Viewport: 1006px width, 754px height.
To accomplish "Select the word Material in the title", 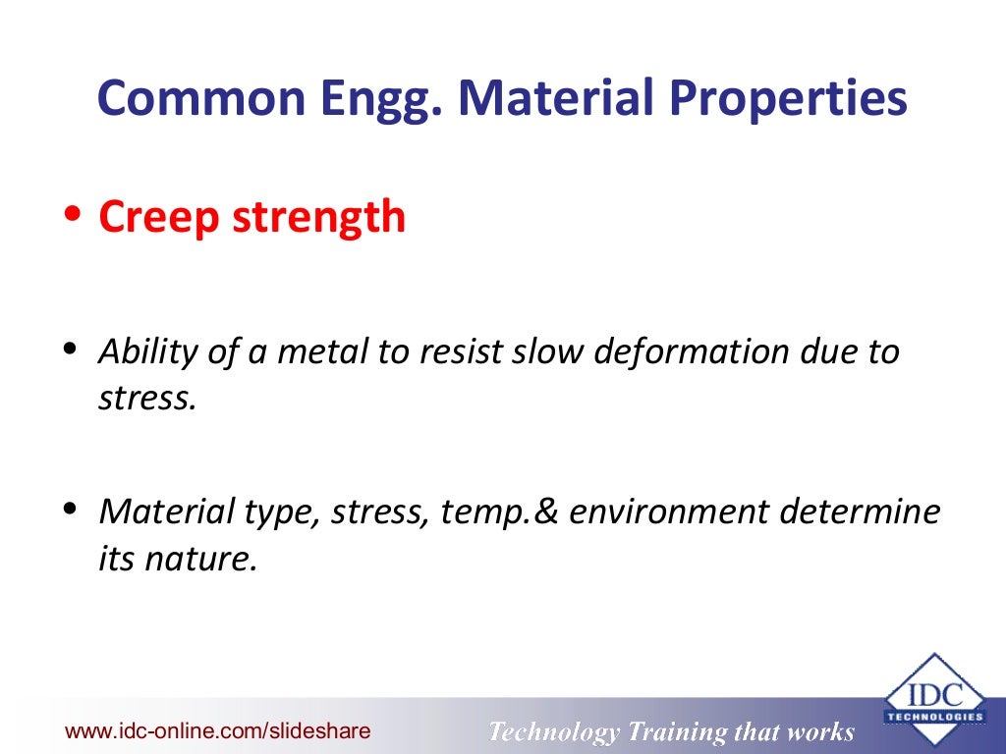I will pos(550,100).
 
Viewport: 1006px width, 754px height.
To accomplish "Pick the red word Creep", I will pos(157,218).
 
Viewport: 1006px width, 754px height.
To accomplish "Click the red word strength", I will pos(318,216).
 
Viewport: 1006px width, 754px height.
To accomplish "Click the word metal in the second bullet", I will pos(314,350).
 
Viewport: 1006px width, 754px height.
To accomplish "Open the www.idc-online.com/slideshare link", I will pos(217,731).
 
